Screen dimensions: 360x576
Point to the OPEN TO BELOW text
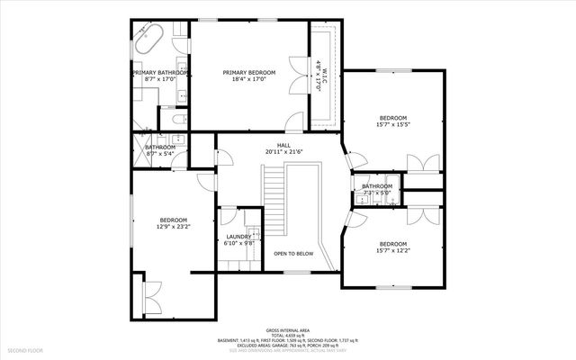293,254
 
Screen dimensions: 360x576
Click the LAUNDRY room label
238,237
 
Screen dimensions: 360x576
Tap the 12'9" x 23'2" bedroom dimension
173,228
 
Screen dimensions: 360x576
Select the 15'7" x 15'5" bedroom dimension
392,125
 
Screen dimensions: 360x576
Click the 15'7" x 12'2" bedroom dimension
392,251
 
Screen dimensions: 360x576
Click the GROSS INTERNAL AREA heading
287,330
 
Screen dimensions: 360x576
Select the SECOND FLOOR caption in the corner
25,348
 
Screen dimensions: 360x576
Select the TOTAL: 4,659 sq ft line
287,335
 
